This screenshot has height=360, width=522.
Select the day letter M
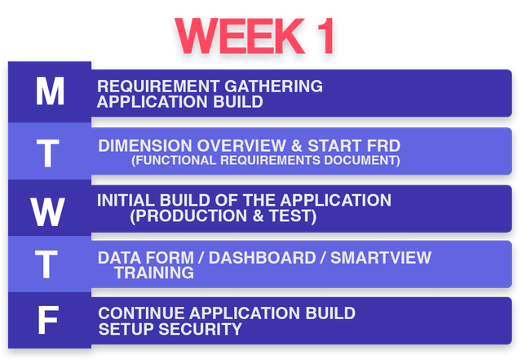pyautogui.click(x=50, y=92)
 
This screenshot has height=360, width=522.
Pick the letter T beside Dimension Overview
pyautogui.click(x=50, y=152)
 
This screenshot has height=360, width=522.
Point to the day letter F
pyautogui.click(x=49, y=321)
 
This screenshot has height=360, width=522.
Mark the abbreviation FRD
pyautogui.click(x=383, y=145)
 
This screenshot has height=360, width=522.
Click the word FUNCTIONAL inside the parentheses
pyautogui.click(x=175, y=161)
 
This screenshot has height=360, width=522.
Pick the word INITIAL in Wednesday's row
pyautogui.click(x=124, y=200)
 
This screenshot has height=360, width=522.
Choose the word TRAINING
pyautogui.click(x=153, y=273)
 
